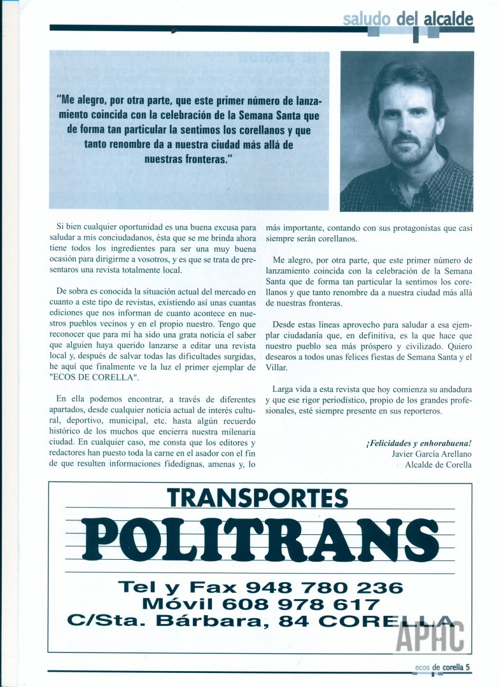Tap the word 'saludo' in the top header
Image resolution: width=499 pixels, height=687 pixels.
[x=366, y=19]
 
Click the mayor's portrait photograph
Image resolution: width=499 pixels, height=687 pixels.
[x=407, y=131]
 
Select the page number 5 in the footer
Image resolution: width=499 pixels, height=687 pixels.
[x=468, y=667]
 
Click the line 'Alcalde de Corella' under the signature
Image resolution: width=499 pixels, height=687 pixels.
[x=438, y=464]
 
